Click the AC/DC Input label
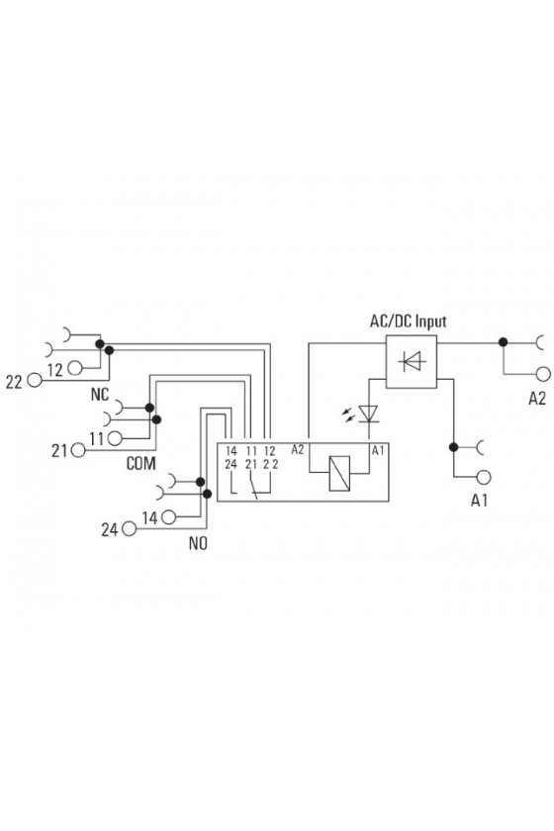[408, 322]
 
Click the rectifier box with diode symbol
[412, 362]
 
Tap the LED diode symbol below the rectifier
[368, 414]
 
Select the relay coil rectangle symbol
[339, 473]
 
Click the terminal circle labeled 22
[35, 380]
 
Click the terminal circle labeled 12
[75, 367]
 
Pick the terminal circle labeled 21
[78, 450]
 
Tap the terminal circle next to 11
[114, 438]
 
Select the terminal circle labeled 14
[168, 516]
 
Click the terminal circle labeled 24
[129, 528]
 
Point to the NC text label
[100, 395]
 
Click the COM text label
[141, 464]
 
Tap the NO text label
[198, 544]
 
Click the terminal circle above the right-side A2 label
[543, 374]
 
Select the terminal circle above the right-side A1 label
[483, 477]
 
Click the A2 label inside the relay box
[298, 449]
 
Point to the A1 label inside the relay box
[378, 450]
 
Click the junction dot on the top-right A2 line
[504, 342]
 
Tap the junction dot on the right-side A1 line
[453, 447]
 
